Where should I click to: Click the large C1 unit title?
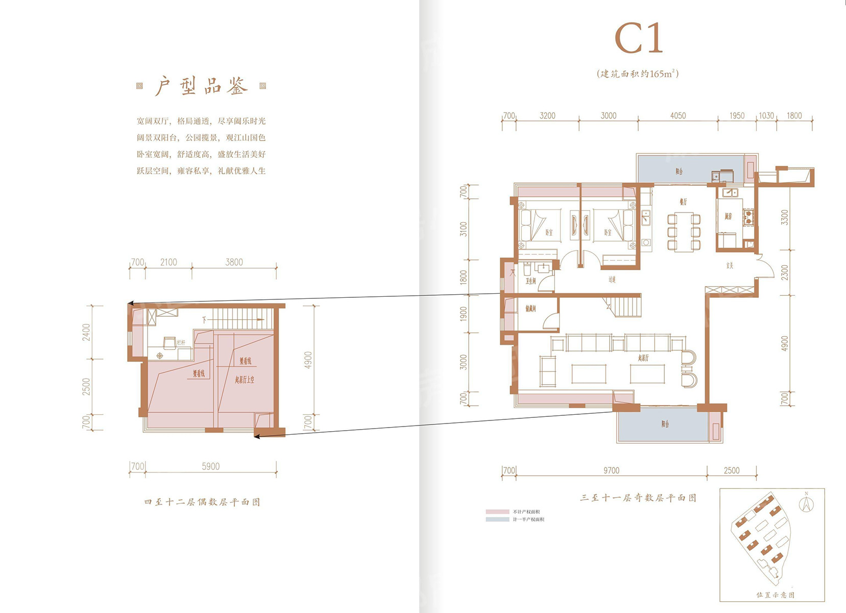point(638,38)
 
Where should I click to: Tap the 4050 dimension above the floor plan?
point(678,116)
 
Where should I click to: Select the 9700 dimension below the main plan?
point(611,470)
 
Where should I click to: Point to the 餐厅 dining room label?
point(683,202)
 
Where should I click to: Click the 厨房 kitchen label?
point(728,217)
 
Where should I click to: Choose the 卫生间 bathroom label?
point(530,281)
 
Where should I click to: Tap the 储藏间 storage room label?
point(530,309)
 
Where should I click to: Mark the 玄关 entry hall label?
point(730,266)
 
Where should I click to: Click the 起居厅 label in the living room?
point(643,358)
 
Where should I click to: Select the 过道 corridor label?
point(612,279)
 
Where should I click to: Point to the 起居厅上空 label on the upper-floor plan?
point(245,380)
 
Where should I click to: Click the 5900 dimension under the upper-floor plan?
point(210,466)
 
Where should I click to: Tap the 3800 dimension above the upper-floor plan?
point(234,262)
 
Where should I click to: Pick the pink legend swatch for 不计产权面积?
point(497,511)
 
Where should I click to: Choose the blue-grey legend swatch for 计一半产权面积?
point(497,519)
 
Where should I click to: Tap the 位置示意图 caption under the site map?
point(775,595)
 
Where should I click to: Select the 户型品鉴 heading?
point(201,86)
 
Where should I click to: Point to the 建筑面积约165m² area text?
point(638,74)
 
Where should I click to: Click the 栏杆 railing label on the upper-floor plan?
point(181,343)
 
